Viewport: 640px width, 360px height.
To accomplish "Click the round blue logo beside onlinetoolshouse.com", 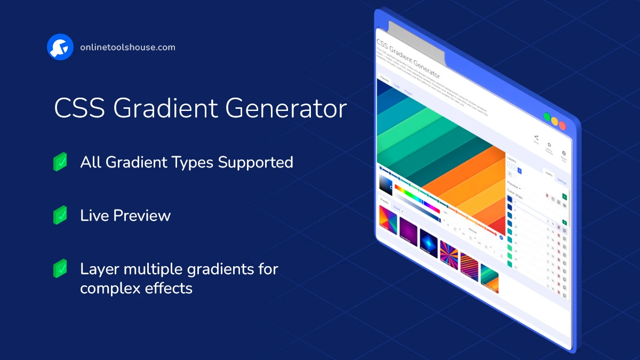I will (x=60, y=47).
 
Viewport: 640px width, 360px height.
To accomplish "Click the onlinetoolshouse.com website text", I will (x=127, y=47).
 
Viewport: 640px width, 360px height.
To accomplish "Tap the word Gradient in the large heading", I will (x=166, y=108).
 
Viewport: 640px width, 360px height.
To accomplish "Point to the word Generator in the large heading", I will (x=286, y=108).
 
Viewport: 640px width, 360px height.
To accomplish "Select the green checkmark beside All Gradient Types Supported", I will (x=60, y=162).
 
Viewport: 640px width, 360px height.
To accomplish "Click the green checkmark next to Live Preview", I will (x=60, y=215).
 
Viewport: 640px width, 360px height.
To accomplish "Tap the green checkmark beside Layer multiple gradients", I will (x=60, y=268).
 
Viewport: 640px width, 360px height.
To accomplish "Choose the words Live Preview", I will (x=125, y=215).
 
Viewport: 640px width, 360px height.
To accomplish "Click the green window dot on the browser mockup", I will (x=547, y=116).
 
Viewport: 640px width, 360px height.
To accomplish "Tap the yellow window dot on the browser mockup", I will (x=555, y=121).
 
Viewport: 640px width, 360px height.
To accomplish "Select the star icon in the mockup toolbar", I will (x=549, y=145).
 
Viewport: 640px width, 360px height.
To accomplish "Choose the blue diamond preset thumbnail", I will (x=428, y=241).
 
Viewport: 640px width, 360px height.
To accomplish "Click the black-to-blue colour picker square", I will (x=386, y=184).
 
